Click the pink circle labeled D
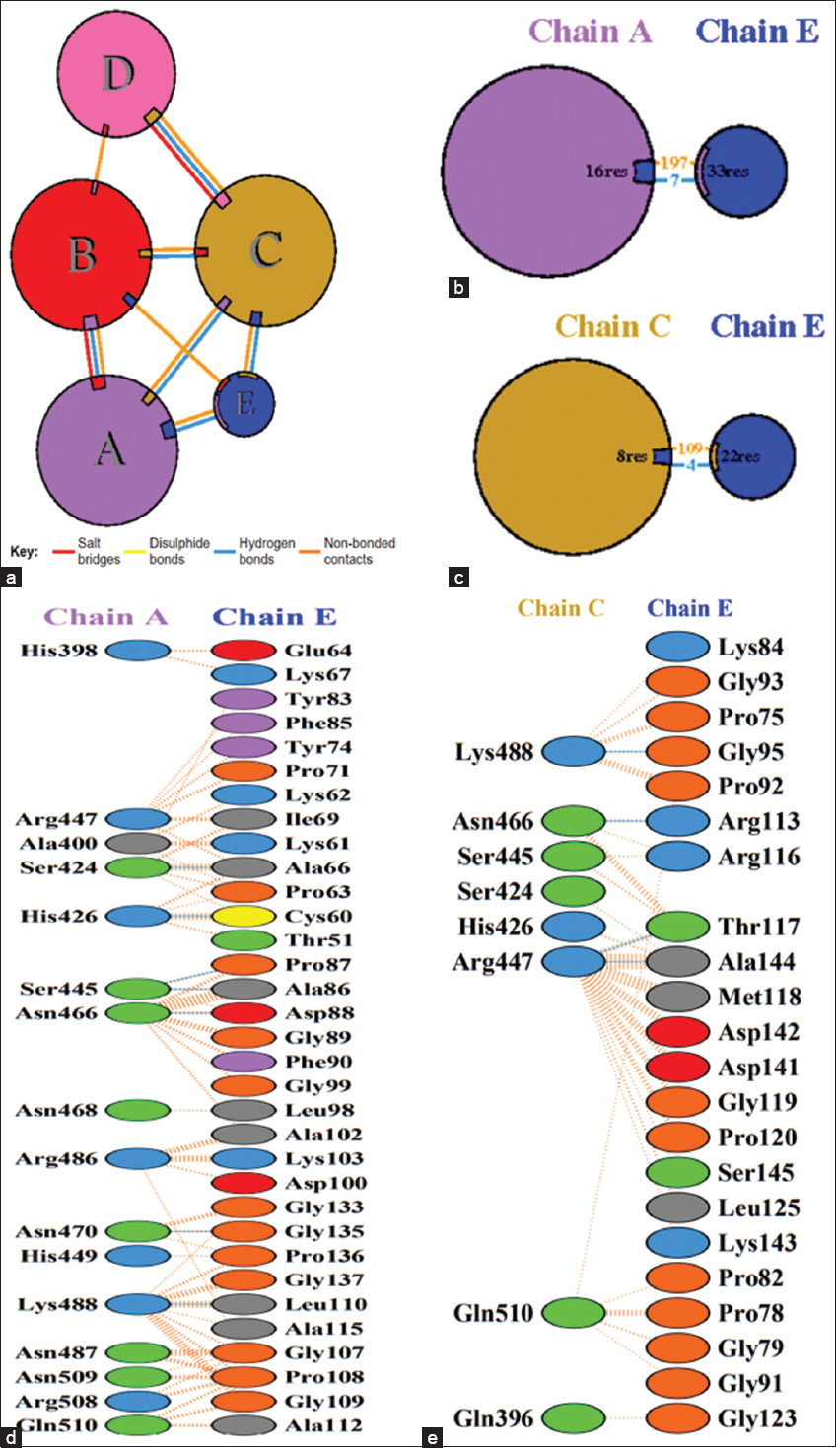click(x=116, y=73)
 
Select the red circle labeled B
click(x=81, y=254)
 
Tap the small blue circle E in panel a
click(x=244, y=403)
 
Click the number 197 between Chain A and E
click(x=674, y=163)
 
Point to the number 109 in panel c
click(x=690, y=449)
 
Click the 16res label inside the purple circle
click(x=605, y=172)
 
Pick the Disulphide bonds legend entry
click(x=178, y=551)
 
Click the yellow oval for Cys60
click(x=244, y=917)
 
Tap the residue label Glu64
click(x=317, y=651)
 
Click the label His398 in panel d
click(x=58, y=651)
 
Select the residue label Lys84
click(x=750, y=648)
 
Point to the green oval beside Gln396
click(x=574, y=1418)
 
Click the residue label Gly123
click(x=757, y=1418)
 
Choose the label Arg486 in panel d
click(x=57, y=1159)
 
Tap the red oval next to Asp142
click(x=677, y=1032)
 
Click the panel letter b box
click(x=458, y=288)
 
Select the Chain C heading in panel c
click(x=612, y=326)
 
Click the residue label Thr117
click(x=757, y=927)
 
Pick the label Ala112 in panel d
click(x=323, y=1425)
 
